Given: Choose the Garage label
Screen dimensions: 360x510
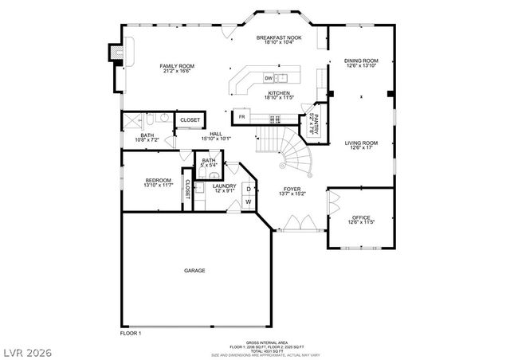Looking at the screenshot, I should click(x=195, y=271).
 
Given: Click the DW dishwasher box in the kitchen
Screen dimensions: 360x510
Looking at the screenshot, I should click(x=269, y=78).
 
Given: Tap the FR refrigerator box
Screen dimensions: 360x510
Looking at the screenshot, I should click(x=242, y=118).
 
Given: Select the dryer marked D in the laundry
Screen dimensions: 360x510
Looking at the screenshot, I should click(x=248, y=189).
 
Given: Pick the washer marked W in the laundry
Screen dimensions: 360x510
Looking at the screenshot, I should click(x=248, y=202).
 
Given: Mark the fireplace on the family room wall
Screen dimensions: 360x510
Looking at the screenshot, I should click(x=116, y=52).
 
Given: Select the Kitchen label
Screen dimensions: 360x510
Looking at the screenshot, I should click(x=279, y=95).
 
